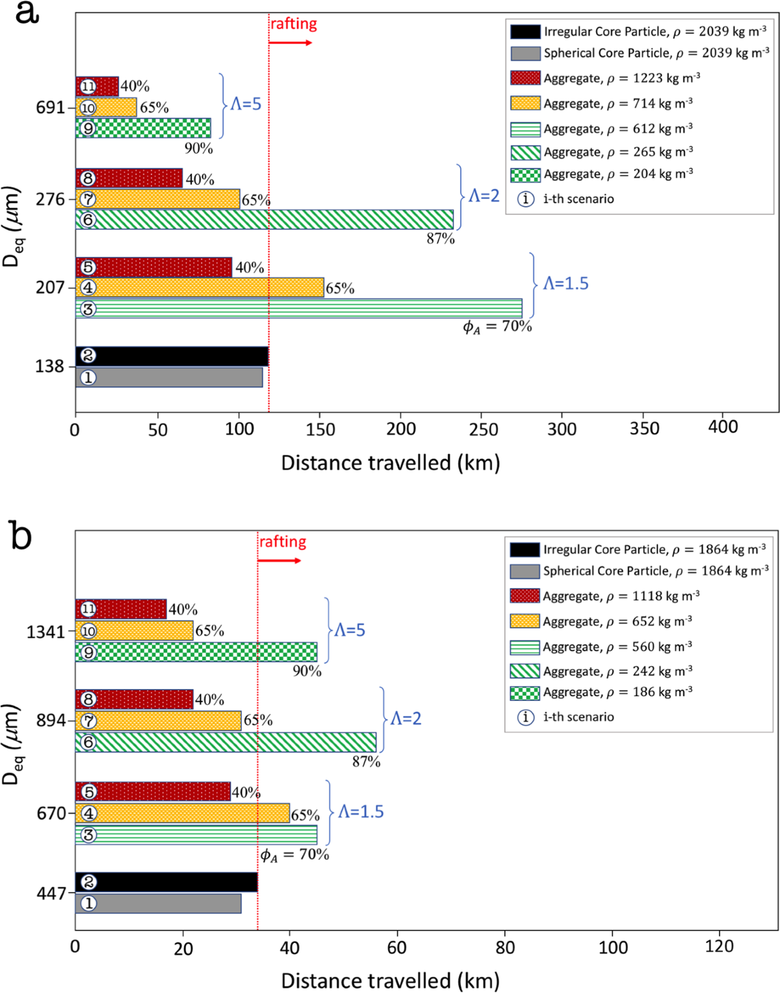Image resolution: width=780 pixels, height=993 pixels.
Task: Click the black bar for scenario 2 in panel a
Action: coord(172,356)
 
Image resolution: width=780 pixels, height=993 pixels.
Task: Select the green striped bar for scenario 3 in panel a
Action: coord(299,308)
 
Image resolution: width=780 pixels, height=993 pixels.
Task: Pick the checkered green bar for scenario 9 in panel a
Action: coord(143,128)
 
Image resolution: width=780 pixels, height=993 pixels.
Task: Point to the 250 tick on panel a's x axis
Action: coord(482,429)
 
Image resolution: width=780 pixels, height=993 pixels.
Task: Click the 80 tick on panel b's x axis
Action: coord(505,947)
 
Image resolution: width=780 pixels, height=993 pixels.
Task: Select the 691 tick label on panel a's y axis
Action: coord(51,107)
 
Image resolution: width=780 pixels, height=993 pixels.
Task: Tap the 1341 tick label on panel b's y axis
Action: coord(45,631)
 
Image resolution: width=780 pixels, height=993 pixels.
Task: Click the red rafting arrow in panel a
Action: coord(290,43)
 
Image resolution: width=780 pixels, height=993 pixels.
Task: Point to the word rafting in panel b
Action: coord(283,542)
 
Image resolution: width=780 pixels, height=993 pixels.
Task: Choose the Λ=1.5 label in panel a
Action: coord(565,284)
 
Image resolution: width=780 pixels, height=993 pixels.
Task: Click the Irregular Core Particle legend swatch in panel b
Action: coord(525,549)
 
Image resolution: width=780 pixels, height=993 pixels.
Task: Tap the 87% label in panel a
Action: coord(440,239)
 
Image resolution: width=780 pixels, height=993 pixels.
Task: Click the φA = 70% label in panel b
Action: coord(294,854)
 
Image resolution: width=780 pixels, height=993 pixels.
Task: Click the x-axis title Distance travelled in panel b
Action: coord(390,981)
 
